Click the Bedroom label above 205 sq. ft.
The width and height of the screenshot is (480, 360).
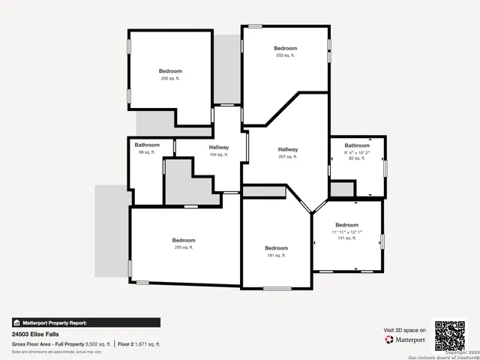pos(170,70)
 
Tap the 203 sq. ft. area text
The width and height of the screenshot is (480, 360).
pos(285,55)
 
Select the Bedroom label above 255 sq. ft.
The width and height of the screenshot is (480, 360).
pos(184,240)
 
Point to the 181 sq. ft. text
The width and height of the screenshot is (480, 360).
pos(276,256)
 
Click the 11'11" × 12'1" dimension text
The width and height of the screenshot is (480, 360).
pos(346,232)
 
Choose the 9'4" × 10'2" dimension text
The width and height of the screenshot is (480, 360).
pos(357,152)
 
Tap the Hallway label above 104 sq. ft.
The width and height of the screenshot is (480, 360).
pos(219,147)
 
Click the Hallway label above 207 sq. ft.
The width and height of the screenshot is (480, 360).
pos(287,149)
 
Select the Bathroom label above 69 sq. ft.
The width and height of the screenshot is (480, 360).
pos(147,145)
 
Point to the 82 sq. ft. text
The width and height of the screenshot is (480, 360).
pos(357,158)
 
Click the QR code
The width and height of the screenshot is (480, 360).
pos(450,335)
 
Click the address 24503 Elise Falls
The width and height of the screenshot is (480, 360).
pos(35,334)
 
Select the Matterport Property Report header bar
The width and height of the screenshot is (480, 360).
pos(85,322)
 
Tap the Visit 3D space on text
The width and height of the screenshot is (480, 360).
pos(405,330)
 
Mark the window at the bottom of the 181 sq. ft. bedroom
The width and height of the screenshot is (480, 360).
pos(276,289)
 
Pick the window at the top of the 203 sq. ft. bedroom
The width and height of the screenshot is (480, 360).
pos(255,26)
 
